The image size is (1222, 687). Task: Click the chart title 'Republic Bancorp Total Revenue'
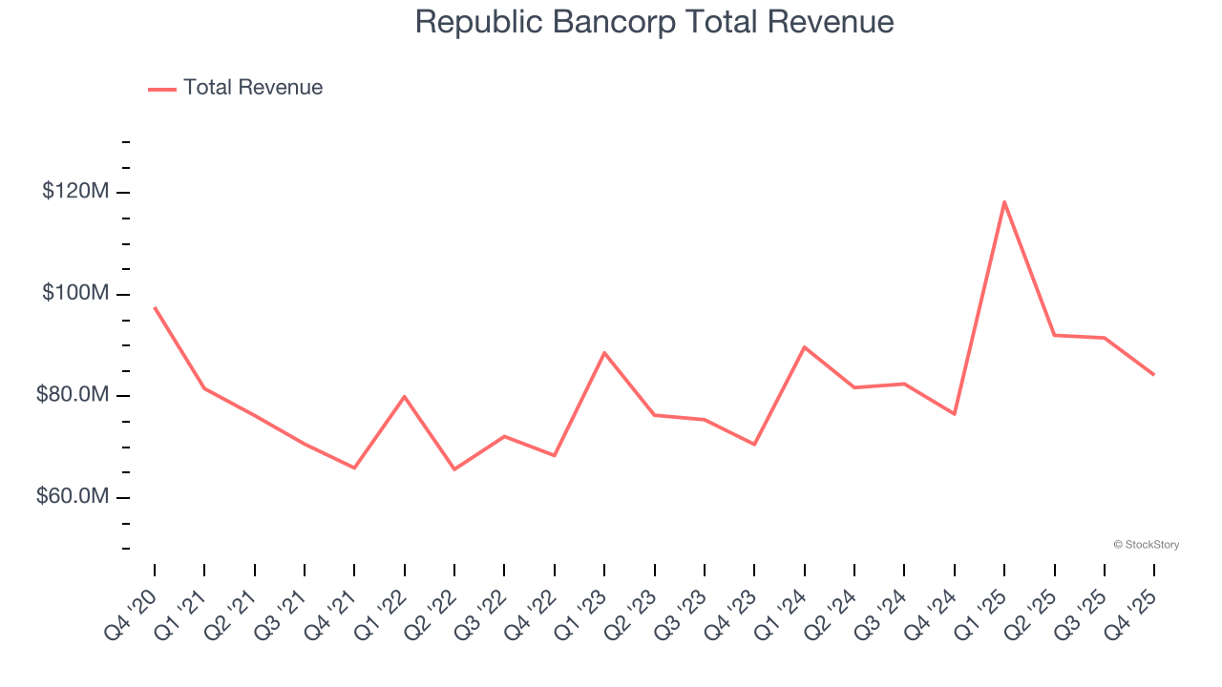click(x=654, y=22)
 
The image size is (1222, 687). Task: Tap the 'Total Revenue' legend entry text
click(x=253, y=88)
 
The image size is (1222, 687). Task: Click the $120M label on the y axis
click(x=75, y=192)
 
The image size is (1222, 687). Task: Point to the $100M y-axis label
click(x=75, y=293)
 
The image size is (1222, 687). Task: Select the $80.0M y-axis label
click(x=73, y=395)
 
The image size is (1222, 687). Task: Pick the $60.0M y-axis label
click(x=73, y=497)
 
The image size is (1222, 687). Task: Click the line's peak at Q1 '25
click(x=1004, y=201)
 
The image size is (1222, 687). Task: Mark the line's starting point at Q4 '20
click(x=155, y=307)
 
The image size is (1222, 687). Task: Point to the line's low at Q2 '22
click(x=454, y=469)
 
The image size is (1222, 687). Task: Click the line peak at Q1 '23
click(x=604, y=352)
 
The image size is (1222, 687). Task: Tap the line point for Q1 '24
click(x=805, y=346)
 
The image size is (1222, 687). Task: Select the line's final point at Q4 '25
click(x=1154, y=374)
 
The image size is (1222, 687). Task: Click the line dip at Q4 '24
click(x=955, y=414)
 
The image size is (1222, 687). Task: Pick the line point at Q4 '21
click(x=354, y=468)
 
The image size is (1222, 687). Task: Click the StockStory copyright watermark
click(x=1146, y=545)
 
